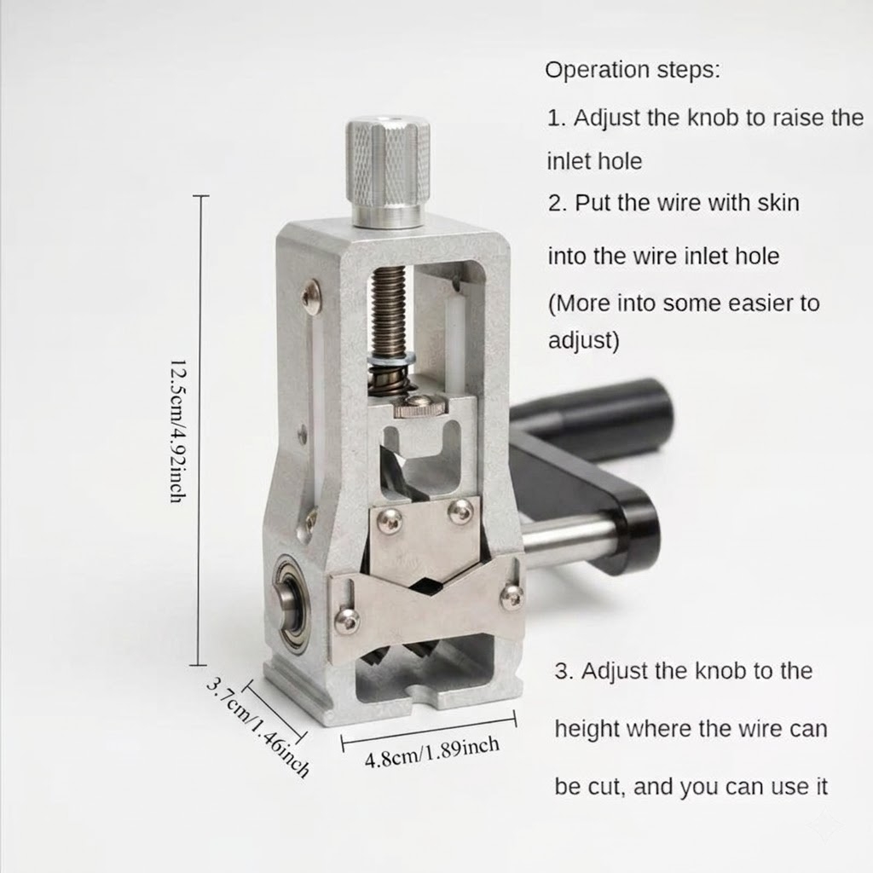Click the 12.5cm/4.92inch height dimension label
pyautogui.click(x=177, y=431)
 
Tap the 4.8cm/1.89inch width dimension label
pyautogui.click(x=432, y=752)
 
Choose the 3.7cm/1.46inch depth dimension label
pyautogui.click(x=257, y=727)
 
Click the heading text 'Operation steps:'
pyautogui.click(x=633, y=71)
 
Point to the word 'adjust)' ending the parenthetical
pyautogui.click(x=583, y=340)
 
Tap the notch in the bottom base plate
pyautogui.click(x=423, y=693)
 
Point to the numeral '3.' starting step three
pyautogui.click(x=564, y=672)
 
